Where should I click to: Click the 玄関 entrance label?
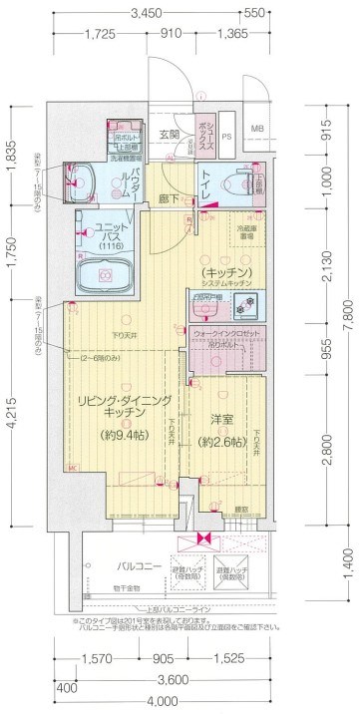coord(169,134)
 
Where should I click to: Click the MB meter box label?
coord(257,130)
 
